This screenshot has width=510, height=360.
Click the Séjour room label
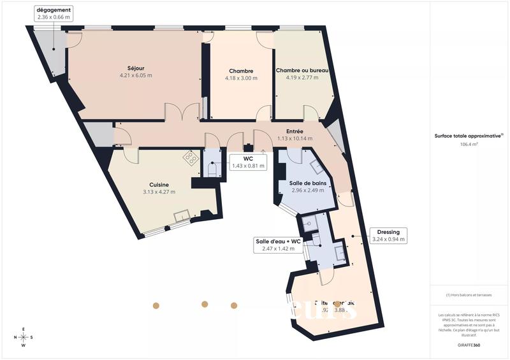tap(135, 68)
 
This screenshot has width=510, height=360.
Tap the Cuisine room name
tap(159, 185)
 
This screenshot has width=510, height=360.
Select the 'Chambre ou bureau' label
tap(302, 71)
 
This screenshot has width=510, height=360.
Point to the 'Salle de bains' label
tap(308, 183)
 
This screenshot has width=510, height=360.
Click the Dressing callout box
tap(388, 236)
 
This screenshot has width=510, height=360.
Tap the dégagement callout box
tap(54, 14)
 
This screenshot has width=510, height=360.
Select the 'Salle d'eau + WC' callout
tap(278, 245)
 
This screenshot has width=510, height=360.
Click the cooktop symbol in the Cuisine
tap(191, 156)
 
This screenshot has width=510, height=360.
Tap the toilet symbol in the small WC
tap(212, 169)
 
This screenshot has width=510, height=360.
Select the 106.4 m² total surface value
tap(469, 145)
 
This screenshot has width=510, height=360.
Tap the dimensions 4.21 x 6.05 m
tap(136, 75)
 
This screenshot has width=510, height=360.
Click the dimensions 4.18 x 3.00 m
tap(241, 78)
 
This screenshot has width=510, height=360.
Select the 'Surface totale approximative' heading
tap(469, 135)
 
